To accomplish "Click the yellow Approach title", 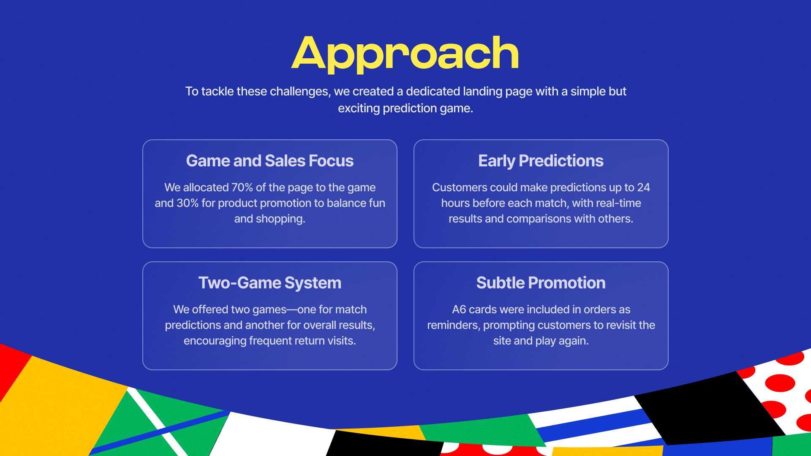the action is click(x=405, y=54).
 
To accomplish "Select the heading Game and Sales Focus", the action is click(x=270, y=161).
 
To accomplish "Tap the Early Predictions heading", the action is click(x=541, y=161).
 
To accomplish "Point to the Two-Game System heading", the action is click(x=270, y=283).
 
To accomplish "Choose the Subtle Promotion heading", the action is click(x=541, y=283).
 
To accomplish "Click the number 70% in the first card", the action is click(x=242, y=187).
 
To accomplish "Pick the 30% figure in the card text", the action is click(x=188, y=203).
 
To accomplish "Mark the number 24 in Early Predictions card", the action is click(x=644, y=187).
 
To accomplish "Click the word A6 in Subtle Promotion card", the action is click(x=459, y=309).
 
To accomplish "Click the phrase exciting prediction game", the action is click(x=405, y=109).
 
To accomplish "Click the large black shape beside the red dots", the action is click(x=710, y=407).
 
